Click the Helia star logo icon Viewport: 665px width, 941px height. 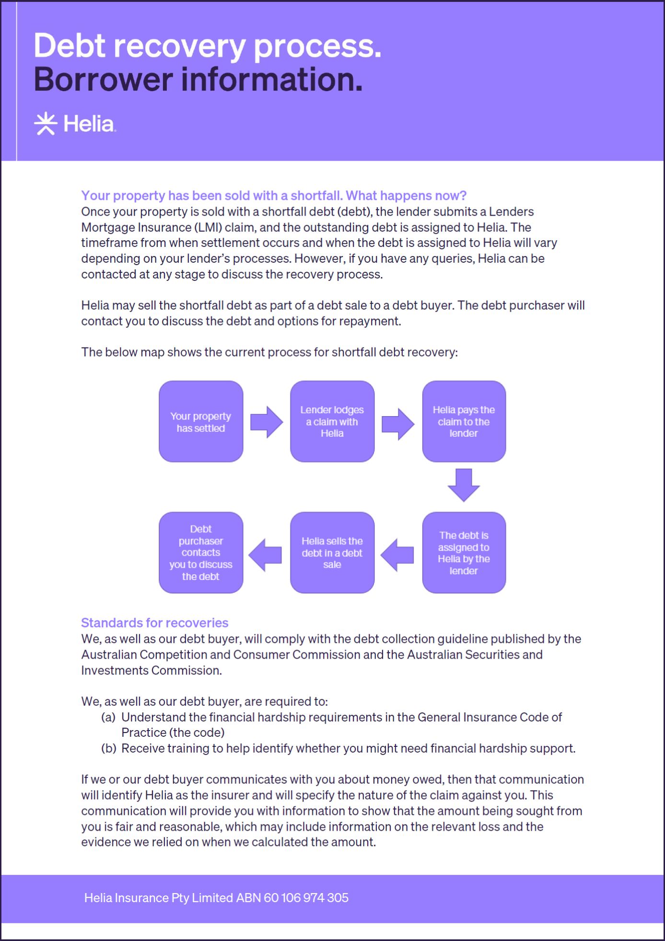click(46, 124)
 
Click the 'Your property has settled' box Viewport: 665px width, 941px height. click(201, 422)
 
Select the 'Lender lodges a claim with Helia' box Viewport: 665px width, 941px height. click(332, 422)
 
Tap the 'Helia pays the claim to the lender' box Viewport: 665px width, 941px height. click(464, 422)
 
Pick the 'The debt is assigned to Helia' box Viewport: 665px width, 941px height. click(464, 553)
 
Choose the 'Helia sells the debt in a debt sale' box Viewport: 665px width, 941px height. click(332, 553)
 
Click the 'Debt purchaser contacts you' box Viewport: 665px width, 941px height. click(201, 553)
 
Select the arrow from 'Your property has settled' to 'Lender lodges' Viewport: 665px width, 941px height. click(267, 422)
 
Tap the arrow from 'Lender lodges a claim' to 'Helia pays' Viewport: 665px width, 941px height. click(397, 424)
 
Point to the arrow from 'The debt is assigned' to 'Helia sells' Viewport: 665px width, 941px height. click(397, 555)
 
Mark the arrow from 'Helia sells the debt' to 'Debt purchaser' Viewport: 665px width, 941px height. click(266, 555)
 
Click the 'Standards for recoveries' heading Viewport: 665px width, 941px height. click(154, 623)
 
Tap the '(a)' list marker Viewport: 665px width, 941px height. click(108, 717)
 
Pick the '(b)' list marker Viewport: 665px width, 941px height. click(108, 748)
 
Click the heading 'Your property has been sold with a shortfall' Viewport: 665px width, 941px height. click(274, 196)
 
